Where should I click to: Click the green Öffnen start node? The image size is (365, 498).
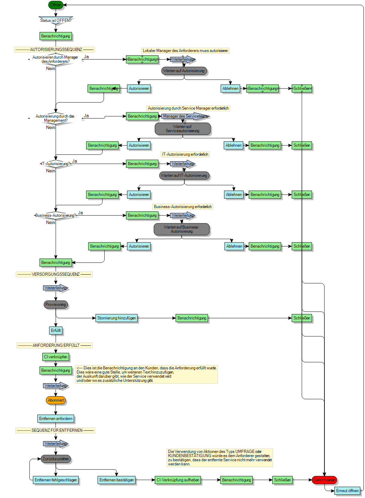point(55,5)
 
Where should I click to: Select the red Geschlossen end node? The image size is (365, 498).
point(324,480)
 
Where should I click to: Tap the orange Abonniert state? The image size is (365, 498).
point(56,400)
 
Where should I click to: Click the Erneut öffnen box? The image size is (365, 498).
point(347,490)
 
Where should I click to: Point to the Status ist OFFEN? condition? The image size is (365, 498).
point(56,20)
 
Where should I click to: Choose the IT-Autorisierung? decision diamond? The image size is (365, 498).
point(56,164)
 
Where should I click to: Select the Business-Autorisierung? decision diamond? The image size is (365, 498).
point(56,215)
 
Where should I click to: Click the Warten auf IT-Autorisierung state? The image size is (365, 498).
point(184,175)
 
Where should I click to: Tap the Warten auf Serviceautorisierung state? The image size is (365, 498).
point(182,129)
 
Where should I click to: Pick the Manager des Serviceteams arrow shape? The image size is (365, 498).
point(185,116)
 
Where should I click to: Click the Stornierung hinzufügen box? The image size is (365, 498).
point(116,318)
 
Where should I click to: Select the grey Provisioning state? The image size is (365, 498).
point(55,304)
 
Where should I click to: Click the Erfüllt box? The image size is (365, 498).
point(55,330)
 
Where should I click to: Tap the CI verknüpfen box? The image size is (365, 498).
point(55,357)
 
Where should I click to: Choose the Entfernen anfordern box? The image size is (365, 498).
point(55,419)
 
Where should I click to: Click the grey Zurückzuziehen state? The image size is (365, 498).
point(55,459)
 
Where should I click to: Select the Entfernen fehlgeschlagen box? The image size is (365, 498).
point(55,480)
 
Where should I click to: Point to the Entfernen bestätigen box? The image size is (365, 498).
point(116,480)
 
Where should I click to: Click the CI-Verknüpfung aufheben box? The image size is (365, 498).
point(178,480)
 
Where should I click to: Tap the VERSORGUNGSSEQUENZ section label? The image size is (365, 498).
point(54,274)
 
